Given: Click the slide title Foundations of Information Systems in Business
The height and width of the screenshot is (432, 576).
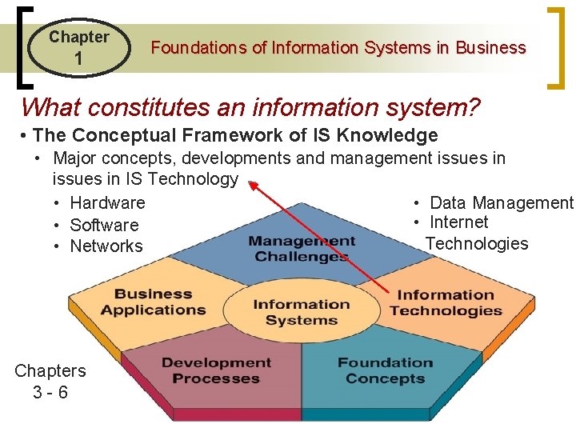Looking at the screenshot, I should [x=338, y=48].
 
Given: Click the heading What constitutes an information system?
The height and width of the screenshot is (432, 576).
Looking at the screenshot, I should [x=250, y=106].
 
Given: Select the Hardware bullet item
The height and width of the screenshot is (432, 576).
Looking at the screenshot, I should [x=107, y=203].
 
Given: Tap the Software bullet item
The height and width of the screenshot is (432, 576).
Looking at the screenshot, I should [x=104, y=225].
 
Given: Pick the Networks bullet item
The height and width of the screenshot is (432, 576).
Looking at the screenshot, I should [x=106, y=246].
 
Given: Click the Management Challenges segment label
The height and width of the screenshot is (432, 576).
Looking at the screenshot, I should [x=302, y=249].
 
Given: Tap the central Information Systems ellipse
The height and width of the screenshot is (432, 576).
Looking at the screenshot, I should [x=301, y=312].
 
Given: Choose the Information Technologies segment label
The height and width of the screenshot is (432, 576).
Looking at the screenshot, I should [x=446, y=302].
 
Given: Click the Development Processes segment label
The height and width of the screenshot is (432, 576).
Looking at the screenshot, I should [x=216, y=370].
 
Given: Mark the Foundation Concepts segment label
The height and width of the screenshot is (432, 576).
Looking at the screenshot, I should [x=385, y=370].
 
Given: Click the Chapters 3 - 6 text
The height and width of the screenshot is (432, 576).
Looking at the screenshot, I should [x=50, y=382].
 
